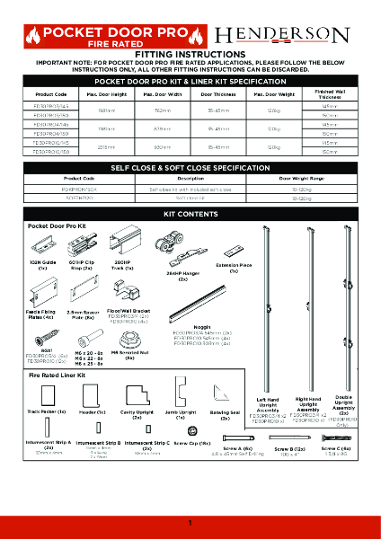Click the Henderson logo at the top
293,35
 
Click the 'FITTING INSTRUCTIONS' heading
190,54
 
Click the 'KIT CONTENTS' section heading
190,216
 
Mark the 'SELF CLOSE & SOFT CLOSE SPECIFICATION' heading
190,168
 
